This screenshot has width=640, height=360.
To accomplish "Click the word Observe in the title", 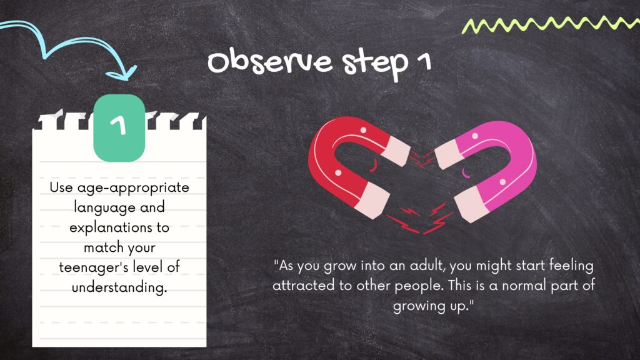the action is click(270, 61).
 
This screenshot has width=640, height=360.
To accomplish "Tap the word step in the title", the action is click(376, 64).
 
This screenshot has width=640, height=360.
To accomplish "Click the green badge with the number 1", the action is click(119, 127).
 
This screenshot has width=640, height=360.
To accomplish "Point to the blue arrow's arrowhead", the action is click(122, 72).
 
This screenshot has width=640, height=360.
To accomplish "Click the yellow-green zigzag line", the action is click(551, 24).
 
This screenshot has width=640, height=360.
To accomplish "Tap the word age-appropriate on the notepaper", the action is click(133, 188).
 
